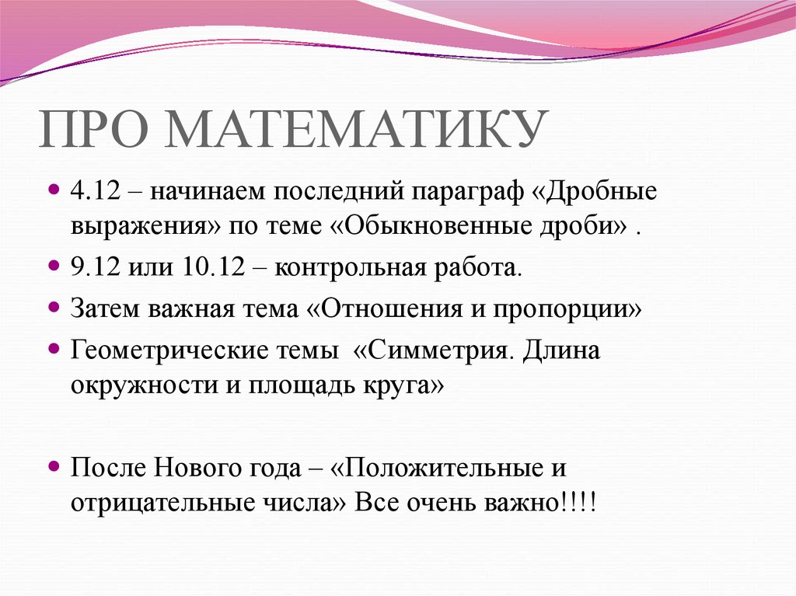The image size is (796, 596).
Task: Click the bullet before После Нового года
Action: (x=54, y=466)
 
